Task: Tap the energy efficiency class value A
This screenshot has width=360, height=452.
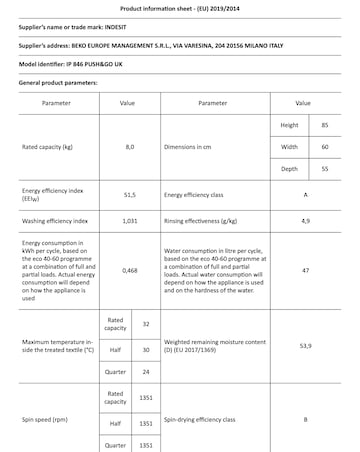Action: [x=304, y=195]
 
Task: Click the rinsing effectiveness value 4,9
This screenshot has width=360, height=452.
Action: [x=304, y=219]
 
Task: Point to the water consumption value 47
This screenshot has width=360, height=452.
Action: [x=304, y=270]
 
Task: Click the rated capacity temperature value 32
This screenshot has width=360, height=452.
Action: [x=146, y=324]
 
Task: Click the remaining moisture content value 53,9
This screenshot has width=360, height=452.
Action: [x=304, y=347]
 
